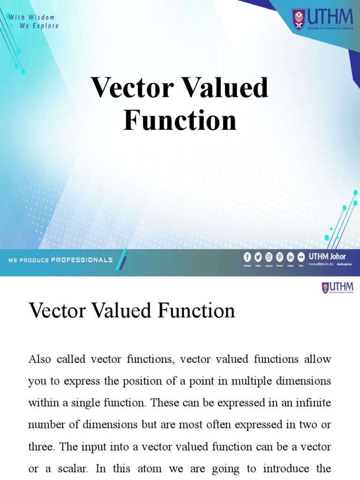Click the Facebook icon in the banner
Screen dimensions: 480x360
click(247, 257)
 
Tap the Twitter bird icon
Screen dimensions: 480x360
click(258, 257)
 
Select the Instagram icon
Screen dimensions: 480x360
click(269, 257)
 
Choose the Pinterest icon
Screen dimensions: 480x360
click(280, 257)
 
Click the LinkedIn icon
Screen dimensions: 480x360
click(291, 257)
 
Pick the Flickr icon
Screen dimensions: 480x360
click(301, 257)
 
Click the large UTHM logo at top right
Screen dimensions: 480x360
click(323, 19)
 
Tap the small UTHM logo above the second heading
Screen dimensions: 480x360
click(337, 287)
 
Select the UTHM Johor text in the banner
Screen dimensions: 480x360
click(327, 256)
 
